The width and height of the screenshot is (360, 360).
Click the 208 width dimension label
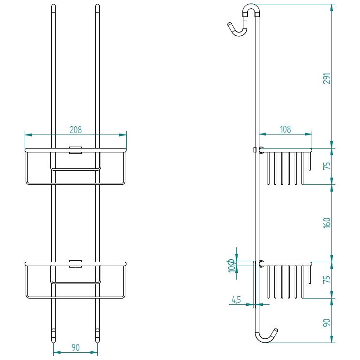pos(75,130)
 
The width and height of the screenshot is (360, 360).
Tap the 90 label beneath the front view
pos(75,347)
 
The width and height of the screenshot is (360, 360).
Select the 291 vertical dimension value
pos(327,78)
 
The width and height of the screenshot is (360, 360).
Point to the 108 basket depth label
pos(285,129)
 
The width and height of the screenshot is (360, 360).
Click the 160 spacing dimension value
pos(327,223)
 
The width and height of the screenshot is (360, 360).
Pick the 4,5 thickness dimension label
pos(236,300)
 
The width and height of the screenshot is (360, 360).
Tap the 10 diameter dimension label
pos(231,266)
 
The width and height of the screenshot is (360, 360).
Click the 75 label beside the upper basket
pos(327,165)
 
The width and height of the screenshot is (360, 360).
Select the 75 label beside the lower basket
pos(327,279)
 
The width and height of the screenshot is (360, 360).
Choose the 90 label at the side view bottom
pos(327,323)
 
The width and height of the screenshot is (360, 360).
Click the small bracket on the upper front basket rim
pos(75,150)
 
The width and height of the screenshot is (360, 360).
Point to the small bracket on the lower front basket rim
pos(75,264)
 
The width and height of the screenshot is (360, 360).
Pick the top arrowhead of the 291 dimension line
pos(331,8)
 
